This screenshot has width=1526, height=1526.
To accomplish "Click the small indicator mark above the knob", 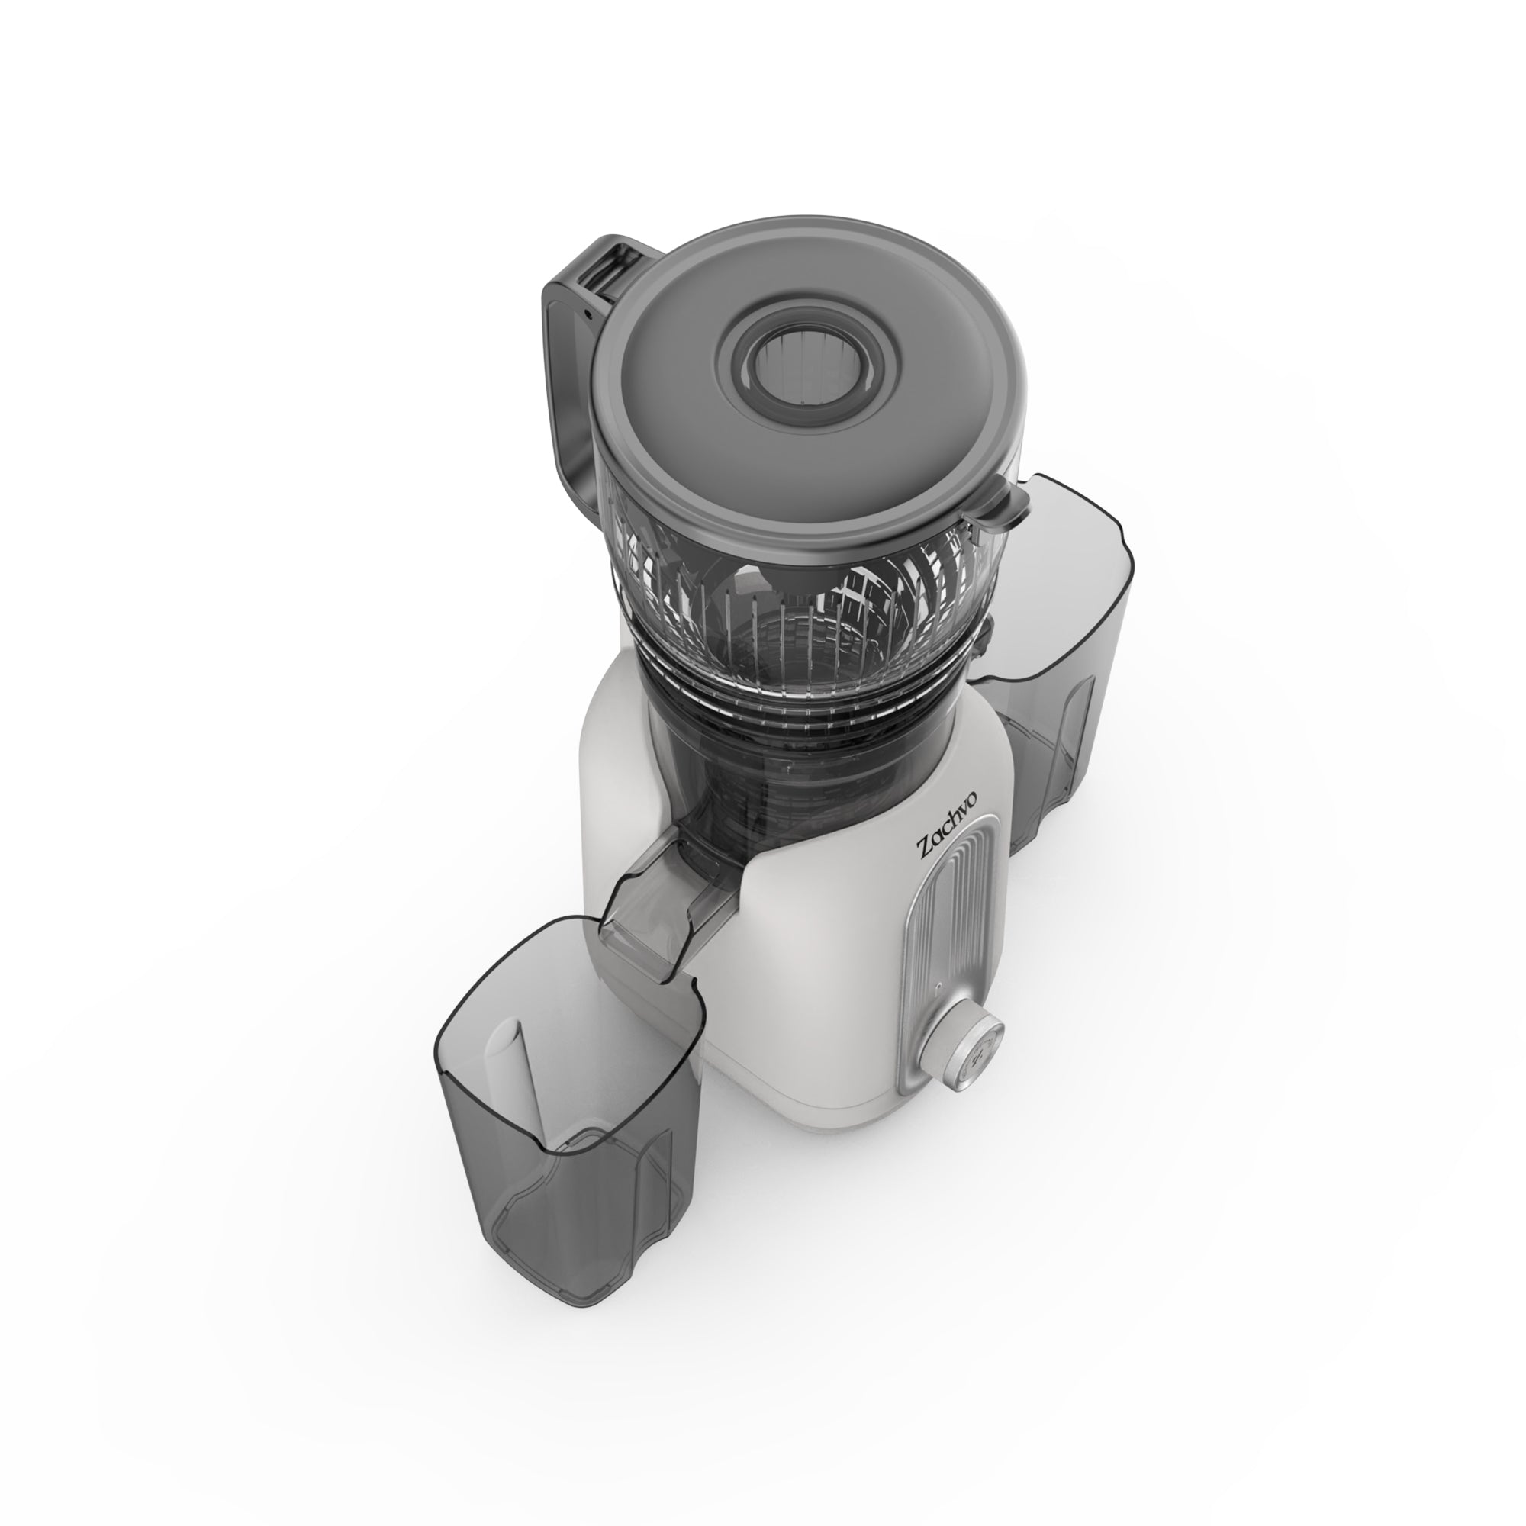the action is point(938,987).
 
